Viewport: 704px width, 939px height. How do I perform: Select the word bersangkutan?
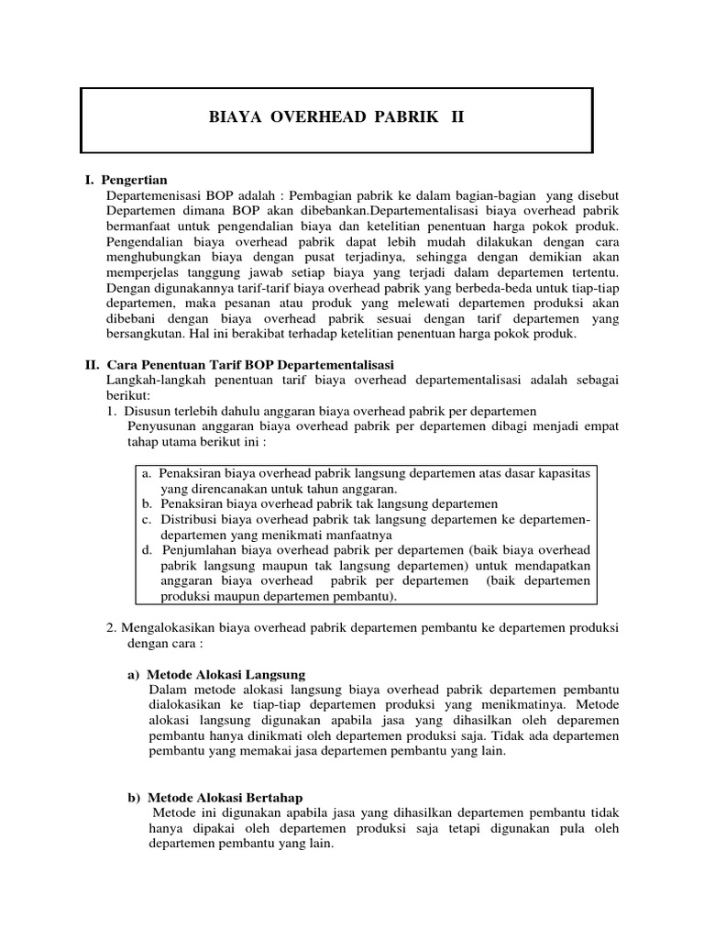144,335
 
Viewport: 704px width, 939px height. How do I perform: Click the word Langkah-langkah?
151,381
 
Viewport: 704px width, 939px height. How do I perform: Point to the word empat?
601,427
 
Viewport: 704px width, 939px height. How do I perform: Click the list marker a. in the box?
148,474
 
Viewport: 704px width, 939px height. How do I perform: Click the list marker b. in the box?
148,504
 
